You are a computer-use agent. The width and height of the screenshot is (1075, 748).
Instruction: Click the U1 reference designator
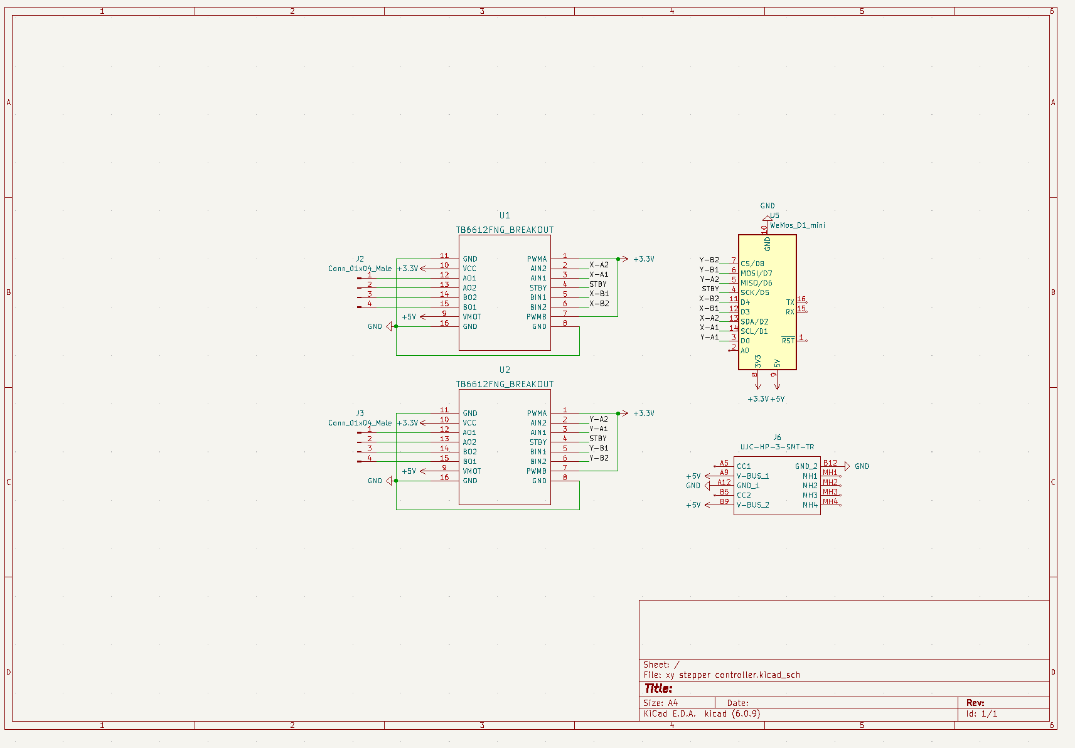[505, 215]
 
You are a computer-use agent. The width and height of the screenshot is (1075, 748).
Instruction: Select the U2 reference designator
[505, 370]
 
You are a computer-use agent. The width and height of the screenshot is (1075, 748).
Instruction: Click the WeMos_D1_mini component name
[797, 225]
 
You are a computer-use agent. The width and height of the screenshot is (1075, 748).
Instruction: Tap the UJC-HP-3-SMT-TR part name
[777, 447]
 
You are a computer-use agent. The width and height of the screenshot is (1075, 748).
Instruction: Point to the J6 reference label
[777, 437]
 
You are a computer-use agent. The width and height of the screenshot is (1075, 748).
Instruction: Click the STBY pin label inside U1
[538, 288]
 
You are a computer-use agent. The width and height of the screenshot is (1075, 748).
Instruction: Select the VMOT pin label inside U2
[471, 471]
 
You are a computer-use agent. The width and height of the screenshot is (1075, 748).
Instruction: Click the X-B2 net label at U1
[599, 304]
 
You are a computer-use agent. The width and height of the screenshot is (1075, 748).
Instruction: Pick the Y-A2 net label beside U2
[599, 419]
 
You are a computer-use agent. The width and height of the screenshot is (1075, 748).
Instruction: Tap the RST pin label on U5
[788, 341]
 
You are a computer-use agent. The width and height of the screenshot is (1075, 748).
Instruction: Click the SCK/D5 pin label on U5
[754, 292]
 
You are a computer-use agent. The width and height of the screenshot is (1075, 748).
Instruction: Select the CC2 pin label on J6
[744, 495]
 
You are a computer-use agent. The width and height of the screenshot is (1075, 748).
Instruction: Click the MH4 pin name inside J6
[810, 505]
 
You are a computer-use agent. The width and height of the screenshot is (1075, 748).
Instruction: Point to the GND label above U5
[767, 206]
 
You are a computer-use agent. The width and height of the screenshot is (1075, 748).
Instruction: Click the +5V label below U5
[778, 399]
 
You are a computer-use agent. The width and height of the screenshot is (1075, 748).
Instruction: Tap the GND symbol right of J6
[862, 466]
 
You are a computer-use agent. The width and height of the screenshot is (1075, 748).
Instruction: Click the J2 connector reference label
[360, 259]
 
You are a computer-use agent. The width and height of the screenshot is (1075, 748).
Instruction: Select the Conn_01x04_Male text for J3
[360, 423]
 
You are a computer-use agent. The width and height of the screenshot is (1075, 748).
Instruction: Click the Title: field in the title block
[658, 688]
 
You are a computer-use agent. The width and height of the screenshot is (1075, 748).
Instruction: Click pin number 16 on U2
[444, 478]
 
